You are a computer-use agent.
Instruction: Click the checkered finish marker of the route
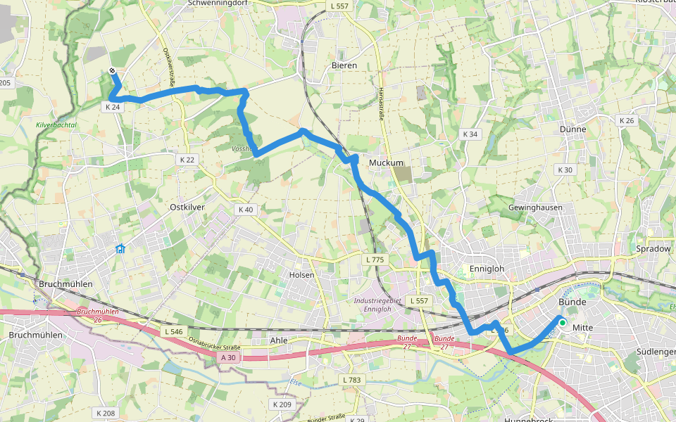113,70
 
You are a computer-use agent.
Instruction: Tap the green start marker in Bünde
562,321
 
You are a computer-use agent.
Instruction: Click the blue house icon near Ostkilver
120,248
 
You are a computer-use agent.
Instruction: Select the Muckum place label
386,162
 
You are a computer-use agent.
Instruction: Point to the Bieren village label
344,65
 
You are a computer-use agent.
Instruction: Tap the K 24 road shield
113,107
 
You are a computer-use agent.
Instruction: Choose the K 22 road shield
187,160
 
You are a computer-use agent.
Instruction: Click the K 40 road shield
245,210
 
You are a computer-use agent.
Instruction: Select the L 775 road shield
375,260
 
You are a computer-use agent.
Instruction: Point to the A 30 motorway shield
228,357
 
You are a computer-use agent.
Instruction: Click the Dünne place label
572,129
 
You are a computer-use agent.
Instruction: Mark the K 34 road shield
470,134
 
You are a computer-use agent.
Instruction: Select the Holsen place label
302,275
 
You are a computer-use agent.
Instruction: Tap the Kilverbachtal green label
56,125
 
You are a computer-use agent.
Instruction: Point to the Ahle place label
280,340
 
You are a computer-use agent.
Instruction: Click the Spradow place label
653,249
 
